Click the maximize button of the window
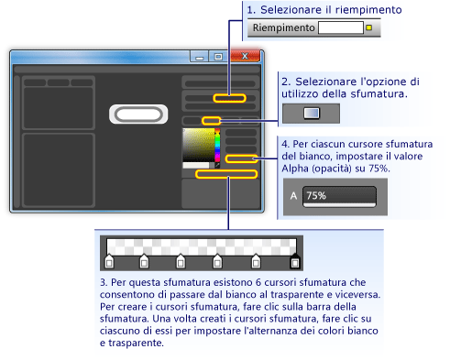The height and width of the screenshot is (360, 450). point(218,56)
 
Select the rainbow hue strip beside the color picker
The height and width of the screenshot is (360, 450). point(217,147)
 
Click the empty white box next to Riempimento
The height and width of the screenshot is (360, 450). point(340,28)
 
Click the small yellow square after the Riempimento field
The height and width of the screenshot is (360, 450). point(368,28)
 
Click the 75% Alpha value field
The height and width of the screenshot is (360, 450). point(338,196)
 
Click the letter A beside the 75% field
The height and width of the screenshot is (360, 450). point(293,196)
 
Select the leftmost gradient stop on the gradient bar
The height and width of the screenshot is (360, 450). point(109,263)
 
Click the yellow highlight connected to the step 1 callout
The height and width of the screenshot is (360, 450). point(229,97)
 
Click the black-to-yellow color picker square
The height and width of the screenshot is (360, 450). point(197,147)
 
